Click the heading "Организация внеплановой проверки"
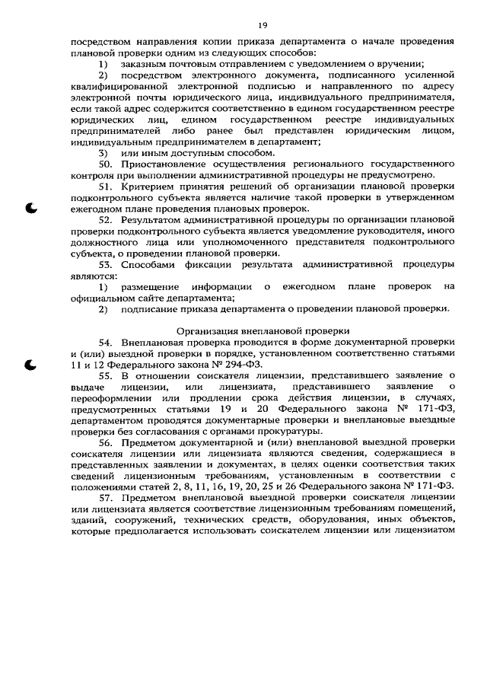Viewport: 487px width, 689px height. tap(263, 331)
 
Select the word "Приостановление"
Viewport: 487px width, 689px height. tap(163, 164)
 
